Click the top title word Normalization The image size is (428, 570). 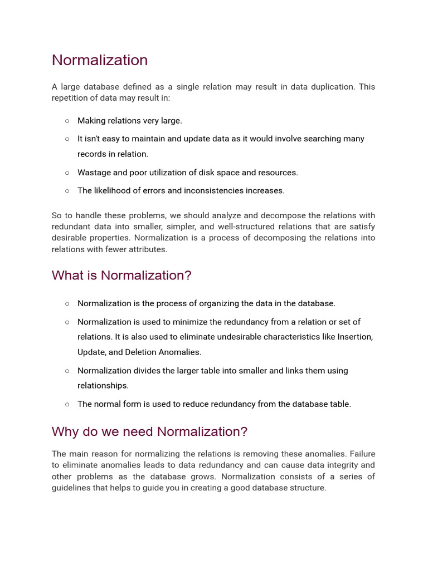point(100,60)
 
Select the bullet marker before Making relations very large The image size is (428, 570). point(67,121)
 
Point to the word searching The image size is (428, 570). point(299,139)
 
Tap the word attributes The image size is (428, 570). point(149,249)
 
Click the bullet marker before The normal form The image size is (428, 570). point(67,404)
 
